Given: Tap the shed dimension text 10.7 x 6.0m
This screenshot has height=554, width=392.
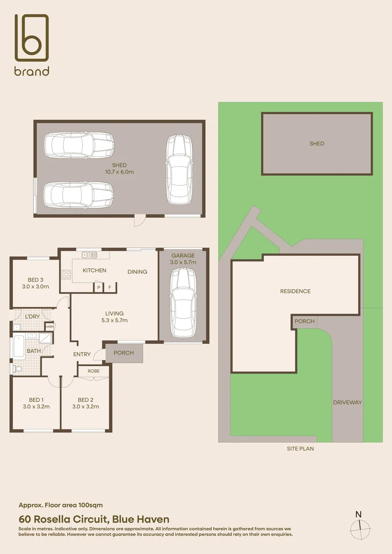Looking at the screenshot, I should (x=119, y=172).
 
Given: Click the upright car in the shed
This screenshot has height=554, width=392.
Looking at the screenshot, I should (x=178, y=169).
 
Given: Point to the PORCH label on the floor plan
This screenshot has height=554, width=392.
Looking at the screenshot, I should (x=123, y=353).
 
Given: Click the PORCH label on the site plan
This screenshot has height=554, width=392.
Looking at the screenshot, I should (x=304, y=322).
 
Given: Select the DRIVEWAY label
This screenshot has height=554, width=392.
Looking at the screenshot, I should (x=347, y=403).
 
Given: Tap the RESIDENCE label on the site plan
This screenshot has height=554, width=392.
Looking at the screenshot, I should (x=295, y=291).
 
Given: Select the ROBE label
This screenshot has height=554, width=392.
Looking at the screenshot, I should (x=93, y=371).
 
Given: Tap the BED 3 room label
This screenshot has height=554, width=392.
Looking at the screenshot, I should (x=35, y=280).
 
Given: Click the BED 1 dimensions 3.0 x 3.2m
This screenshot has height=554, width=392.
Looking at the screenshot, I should (x=35, y=407).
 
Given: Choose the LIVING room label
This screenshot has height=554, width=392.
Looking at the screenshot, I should (x=114, y=313).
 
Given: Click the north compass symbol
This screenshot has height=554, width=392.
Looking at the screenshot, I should (x=359, y=525).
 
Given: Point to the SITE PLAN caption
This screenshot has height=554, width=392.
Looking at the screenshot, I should (x=300, y=448).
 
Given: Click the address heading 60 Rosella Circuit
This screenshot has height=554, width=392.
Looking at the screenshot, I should (x=94, y=520).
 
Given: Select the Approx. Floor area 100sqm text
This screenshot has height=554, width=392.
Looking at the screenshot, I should (x=64, y=505).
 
